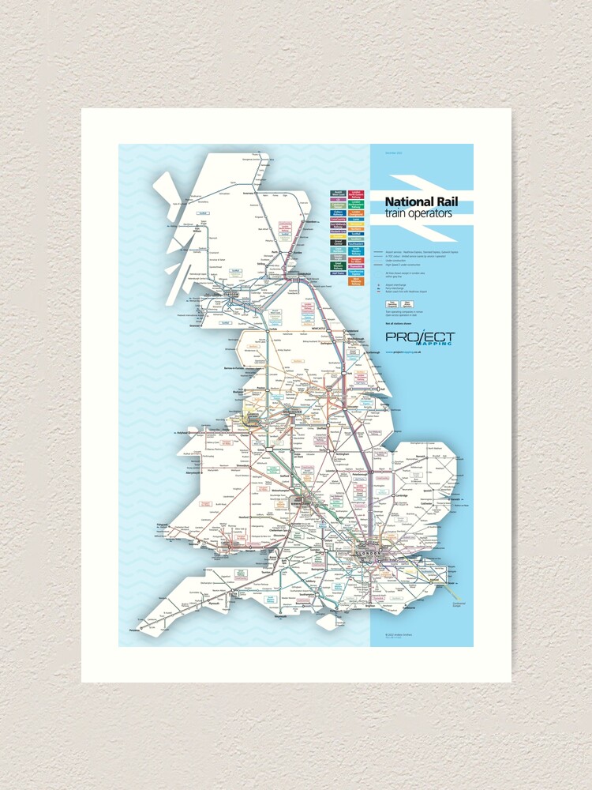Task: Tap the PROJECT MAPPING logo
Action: click(420, 338)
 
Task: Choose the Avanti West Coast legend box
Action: click(338, 194)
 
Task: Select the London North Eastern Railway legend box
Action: click(357, 194)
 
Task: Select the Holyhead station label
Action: click(183, 434)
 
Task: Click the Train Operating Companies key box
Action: click(392, 303)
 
